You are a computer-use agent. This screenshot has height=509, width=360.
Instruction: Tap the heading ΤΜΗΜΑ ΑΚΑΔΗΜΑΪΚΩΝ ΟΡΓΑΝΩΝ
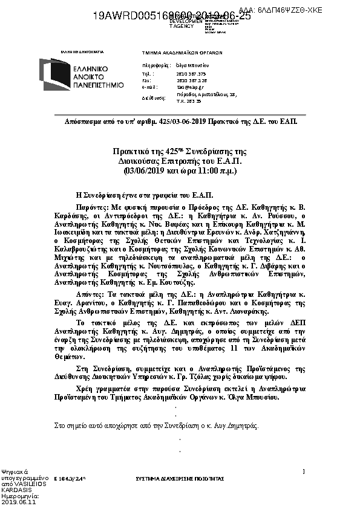[x=182, y=53]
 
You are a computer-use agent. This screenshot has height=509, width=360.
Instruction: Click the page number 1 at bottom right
[x=303, y=470]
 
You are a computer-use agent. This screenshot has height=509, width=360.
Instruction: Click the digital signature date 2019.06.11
[x=19, y=502]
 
